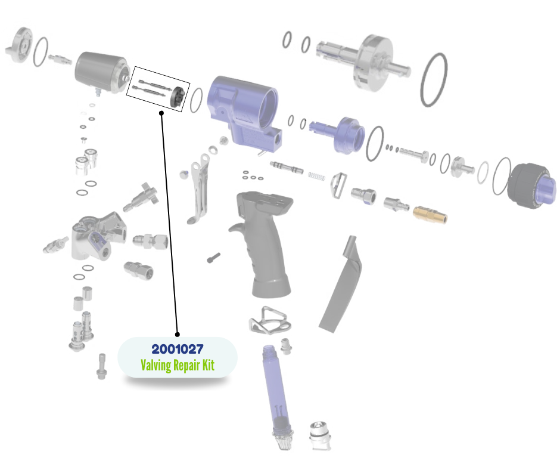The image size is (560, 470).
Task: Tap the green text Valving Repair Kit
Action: click(x=178, y=365)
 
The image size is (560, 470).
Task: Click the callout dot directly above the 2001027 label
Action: click(x=177, y=333)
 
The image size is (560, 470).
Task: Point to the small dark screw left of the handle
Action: click(x=214, y=258)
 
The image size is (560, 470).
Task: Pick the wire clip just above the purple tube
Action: click(x=269, y=322)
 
